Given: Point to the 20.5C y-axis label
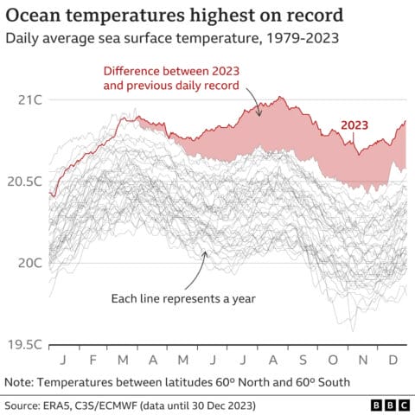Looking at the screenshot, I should [x=27, y=182].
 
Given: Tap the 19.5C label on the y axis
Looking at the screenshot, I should [x=27, y=344].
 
